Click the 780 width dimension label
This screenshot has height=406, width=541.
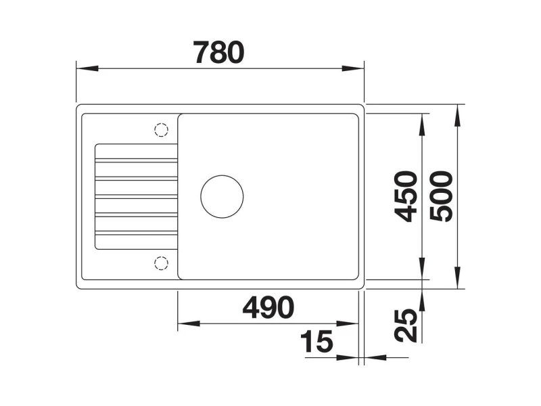pyautogui.click(x=218, y=53)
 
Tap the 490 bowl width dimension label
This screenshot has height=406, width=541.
pyautogui.click(x=268, y=307)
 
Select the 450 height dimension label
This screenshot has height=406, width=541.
pyautogui.click(x=406, y=196)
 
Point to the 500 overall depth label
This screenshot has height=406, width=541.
pyautogui.click(x=442, y=196)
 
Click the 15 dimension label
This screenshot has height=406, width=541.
pyautogui.click(x=316, y=341)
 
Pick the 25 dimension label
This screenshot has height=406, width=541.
pyautogui.click(x=406, y=325)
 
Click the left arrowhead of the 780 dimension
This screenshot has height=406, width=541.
pyautogui.click(x=87, y=68)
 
